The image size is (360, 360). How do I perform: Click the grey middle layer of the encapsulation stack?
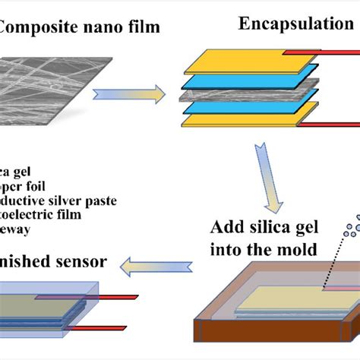pos(228,97)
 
